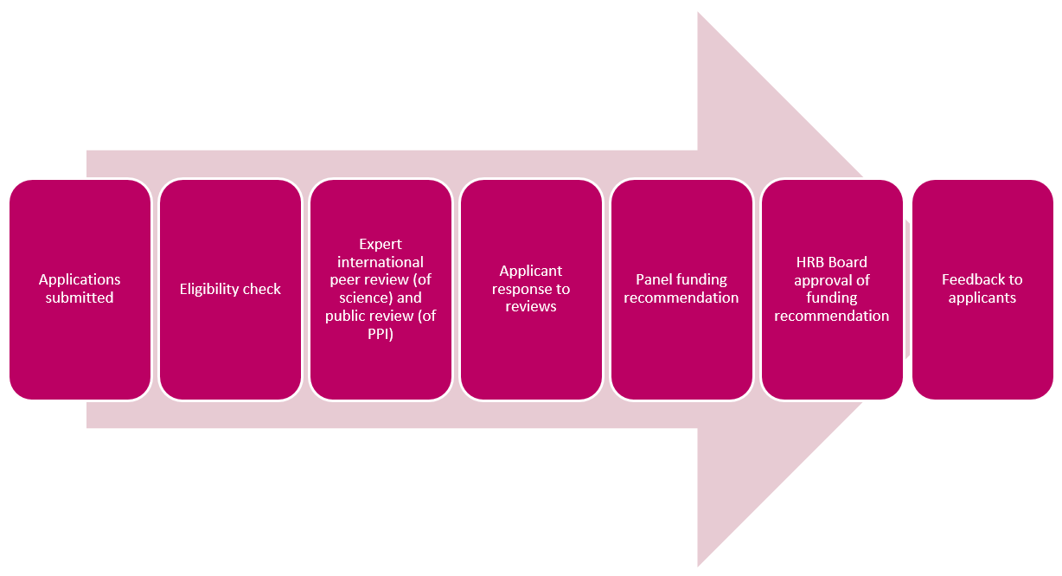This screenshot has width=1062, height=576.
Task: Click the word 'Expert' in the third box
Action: pos(381,244)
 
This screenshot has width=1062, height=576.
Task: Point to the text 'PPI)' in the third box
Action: pos(381,334)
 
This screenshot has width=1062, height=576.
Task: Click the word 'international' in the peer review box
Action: pos(381,262)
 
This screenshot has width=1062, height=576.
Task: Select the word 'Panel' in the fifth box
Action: pos(656,279)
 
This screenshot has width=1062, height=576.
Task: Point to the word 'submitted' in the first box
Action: pos(80,298)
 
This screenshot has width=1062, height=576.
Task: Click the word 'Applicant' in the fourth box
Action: pos(531,271)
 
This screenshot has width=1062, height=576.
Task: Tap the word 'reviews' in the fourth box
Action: pos(531,307)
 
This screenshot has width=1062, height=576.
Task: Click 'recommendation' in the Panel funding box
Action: pos(681,298)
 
